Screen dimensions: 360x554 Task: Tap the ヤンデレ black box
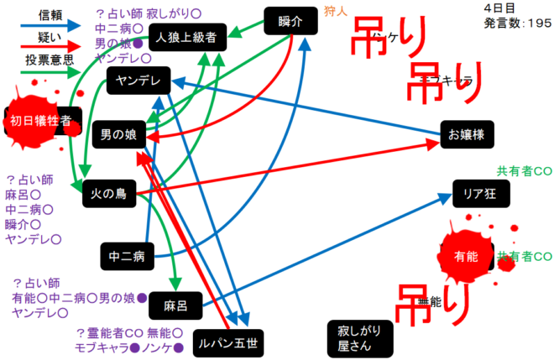139,81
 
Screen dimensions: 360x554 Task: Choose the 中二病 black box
127,253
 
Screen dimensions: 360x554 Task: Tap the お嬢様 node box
467,134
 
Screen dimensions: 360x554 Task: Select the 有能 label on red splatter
464,256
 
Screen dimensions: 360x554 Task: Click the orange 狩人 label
333,11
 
